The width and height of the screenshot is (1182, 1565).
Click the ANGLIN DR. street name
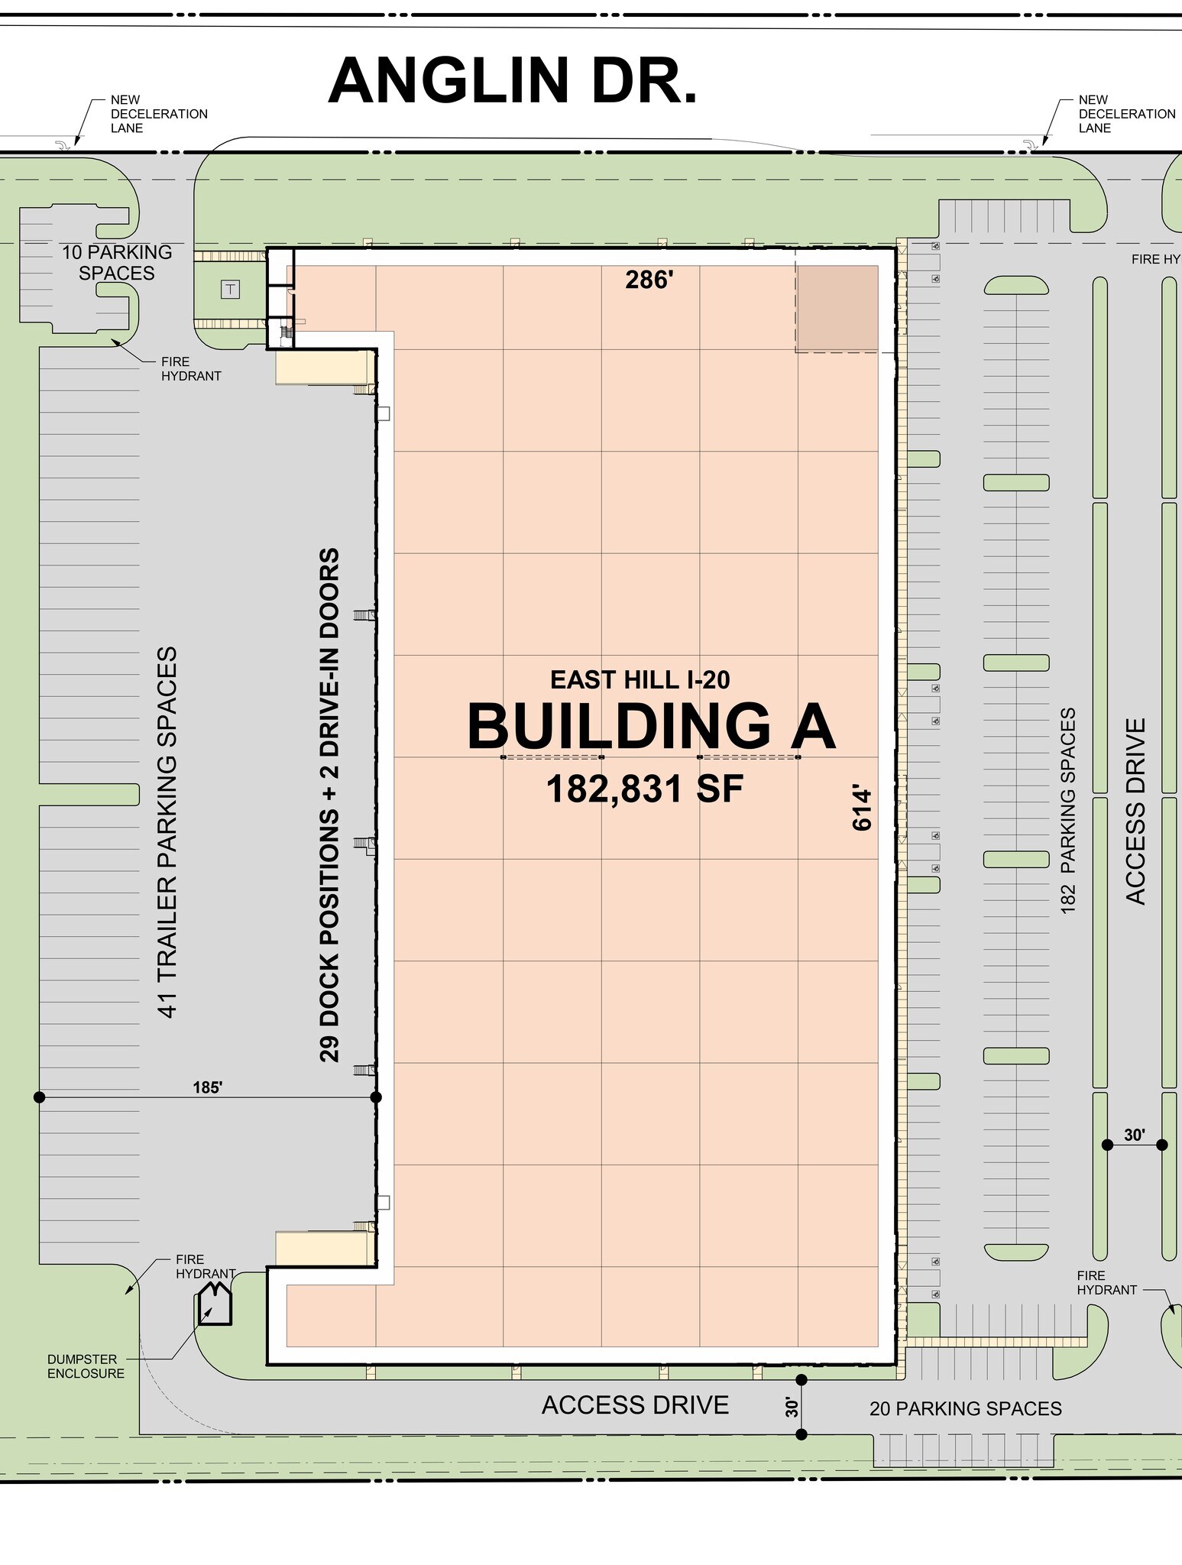click(513, 81)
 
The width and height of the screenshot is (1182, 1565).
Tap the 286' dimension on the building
click(649, 280)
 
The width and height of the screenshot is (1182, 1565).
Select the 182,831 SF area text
click(645, 789)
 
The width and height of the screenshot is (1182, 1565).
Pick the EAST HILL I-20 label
click(640, 679)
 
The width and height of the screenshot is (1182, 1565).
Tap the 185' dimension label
click(207, 1087)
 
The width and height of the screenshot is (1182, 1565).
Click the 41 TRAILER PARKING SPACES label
click(167, 832)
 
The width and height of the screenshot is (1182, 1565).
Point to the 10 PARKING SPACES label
click(117, 262)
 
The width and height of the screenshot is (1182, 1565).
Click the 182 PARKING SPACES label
click(1068, 810)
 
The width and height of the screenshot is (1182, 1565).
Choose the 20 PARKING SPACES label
click(965, 1408)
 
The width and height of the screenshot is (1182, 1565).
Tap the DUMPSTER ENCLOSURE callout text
click(86, 1366)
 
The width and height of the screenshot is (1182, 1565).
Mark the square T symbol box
click(230, 289)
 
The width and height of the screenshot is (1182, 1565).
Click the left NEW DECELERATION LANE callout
click(159, 114)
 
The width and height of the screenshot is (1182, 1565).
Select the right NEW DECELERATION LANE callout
click(1126, 114)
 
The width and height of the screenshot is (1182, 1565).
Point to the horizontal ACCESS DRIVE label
click(635, 1405)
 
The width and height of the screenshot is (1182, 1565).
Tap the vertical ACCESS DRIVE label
click(1136, 811)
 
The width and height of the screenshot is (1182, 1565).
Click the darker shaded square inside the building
click(837, 309)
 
